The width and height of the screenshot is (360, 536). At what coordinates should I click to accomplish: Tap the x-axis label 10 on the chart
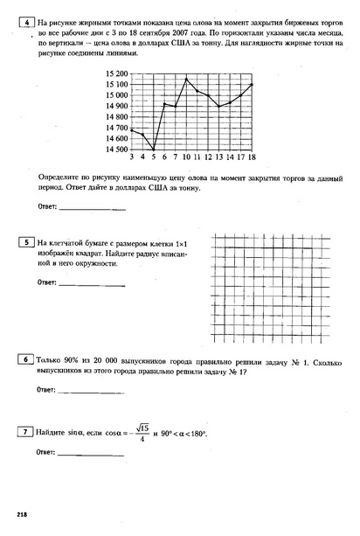pyautogui.click(x=186, y=157)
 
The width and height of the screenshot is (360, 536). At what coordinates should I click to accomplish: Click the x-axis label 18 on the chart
pyautogui.click(x=252, y=157)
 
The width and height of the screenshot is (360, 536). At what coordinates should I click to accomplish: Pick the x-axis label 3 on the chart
pyautogui.click(x=131, y=157)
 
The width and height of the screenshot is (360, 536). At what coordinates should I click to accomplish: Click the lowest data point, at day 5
pyautogui.click(x=153, y=150)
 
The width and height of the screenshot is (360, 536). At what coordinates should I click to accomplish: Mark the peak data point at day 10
pyautogui.click(x=186, y=79)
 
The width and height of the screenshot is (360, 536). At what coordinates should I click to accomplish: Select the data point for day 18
pyautogui.click(x=252, y=84)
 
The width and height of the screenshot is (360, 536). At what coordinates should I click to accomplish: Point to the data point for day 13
pyautogui.click(x=219, y=107)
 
